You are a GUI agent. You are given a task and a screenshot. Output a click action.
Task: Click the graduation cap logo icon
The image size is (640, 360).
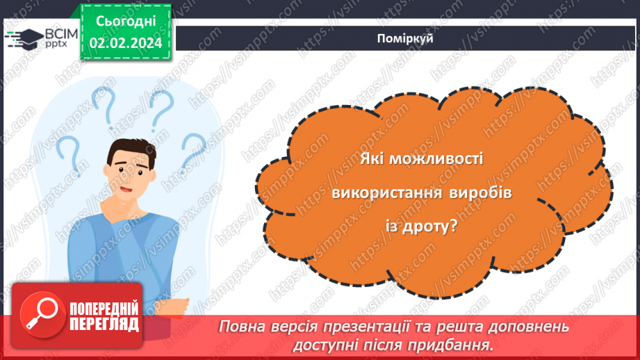25,38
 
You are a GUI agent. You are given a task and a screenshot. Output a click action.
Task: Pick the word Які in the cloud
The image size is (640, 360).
372,159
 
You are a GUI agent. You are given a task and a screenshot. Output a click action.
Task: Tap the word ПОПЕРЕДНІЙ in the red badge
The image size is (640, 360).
104,309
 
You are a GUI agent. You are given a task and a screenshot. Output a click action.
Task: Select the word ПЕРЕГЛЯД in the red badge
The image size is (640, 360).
104,324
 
